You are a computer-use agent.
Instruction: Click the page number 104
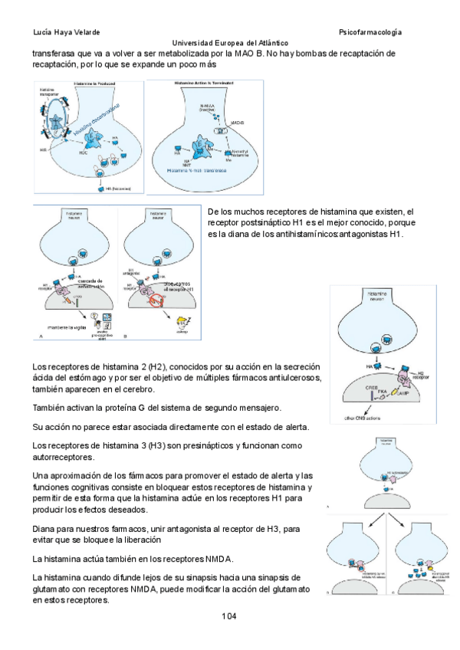point(229,616)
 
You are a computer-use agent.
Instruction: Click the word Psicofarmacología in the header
point(370,31)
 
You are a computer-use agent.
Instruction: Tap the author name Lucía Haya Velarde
point(67,31)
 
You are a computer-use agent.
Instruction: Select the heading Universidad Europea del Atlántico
point(230,44)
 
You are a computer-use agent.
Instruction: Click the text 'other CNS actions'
point(361,419)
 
